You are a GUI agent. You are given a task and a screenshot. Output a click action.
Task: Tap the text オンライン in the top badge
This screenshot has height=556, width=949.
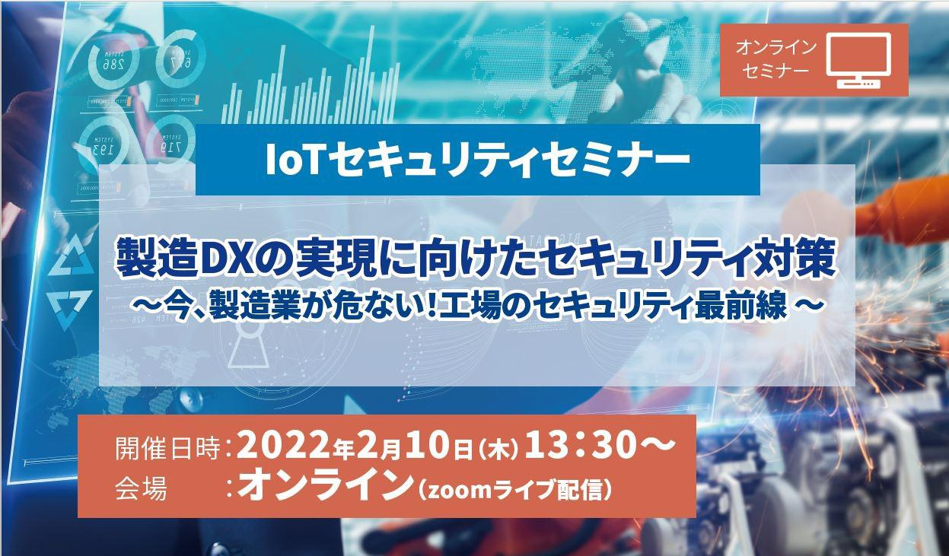click(775, 47)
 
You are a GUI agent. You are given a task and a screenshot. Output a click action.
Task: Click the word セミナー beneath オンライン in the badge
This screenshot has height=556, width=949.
click(775, 71)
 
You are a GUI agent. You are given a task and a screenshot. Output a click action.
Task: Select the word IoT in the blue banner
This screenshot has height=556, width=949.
click(286, 159)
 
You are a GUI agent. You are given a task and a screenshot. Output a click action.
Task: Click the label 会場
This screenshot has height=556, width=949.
click(140, 488)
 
